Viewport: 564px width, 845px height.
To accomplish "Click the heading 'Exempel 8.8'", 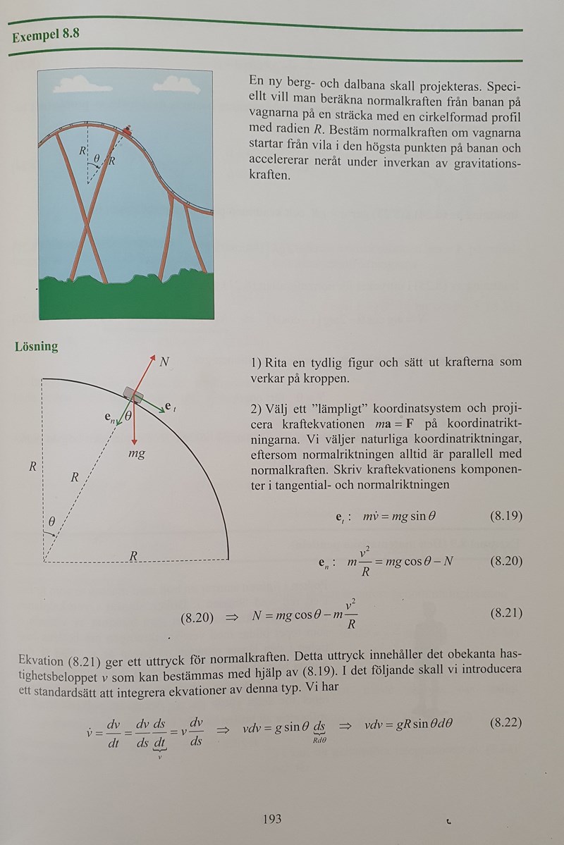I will coord(45,34).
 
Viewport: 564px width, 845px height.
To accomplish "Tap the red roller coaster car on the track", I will coord(127,130).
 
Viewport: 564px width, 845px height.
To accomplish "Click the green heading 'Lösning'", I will coord(37,347).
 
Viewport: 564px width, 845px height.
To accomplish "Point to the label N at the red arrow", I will coord(165,362).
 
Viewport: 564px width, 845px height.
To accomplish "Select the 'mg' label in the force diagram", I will coord(137,454).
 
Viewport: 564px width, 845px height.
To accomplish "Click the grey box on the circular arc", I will coord(132,395).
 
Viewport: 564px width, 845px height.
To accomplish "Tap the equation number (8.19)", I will coord(505,515).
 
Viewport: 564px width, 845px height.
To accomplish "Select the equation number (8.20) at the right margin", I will coord(505,561).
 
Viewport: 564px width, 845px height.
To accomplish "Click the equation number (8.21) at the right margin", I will coord(505,612).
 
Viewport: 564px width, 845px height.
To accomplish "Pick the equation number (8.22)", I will coord(505,724).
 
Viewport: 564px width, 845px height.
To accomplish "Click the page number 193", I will coord(271,818).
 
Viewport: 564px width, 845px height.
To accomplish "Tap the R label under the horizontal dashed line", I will coord(133,555).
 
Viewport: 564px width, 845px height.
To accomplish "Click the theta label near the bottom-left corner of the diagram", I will coord(52,522).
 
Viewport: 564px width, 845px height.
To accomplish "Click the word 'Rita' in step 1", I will coord(281,363).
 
